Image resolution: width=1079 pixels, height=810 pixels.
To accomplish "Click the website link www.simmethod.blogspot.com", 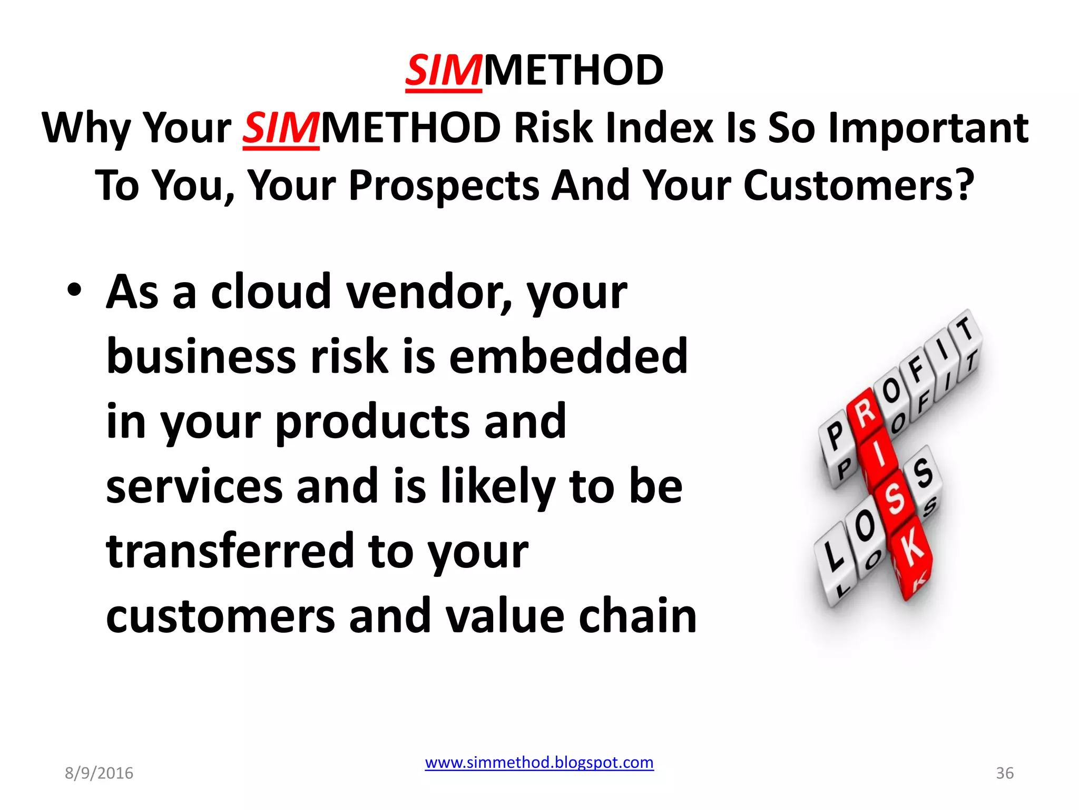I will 539,763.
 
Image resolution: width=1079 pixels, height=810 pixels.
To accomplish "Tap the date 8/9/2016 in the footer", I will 99,773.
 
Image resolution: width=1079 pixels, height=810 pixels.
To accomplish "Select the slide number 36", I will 1004,773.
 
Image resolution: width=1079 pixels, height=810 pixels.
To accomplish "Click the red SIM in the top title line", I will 443,71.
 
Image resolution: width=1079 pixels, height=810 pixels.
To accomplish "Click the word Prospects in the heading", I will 444,186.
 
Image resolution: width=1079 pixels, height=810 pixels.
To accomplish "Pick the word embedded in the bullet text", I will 568,357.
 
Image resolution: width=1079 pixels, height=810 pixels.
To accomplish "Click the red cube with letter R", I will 865,414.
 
